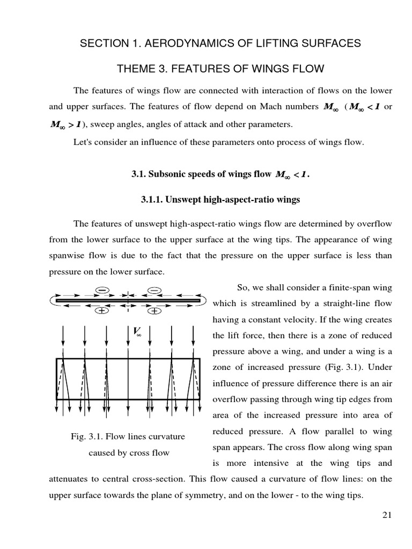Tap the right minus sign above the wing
(154, 290)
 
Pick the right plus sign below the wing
(154, 310)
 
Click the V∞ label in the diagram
(137, 332)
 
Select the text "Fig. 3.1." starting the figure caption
(88, 436)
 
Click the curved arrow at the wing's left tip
(52, 300)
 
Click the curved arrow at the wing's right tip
(204, 300)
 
